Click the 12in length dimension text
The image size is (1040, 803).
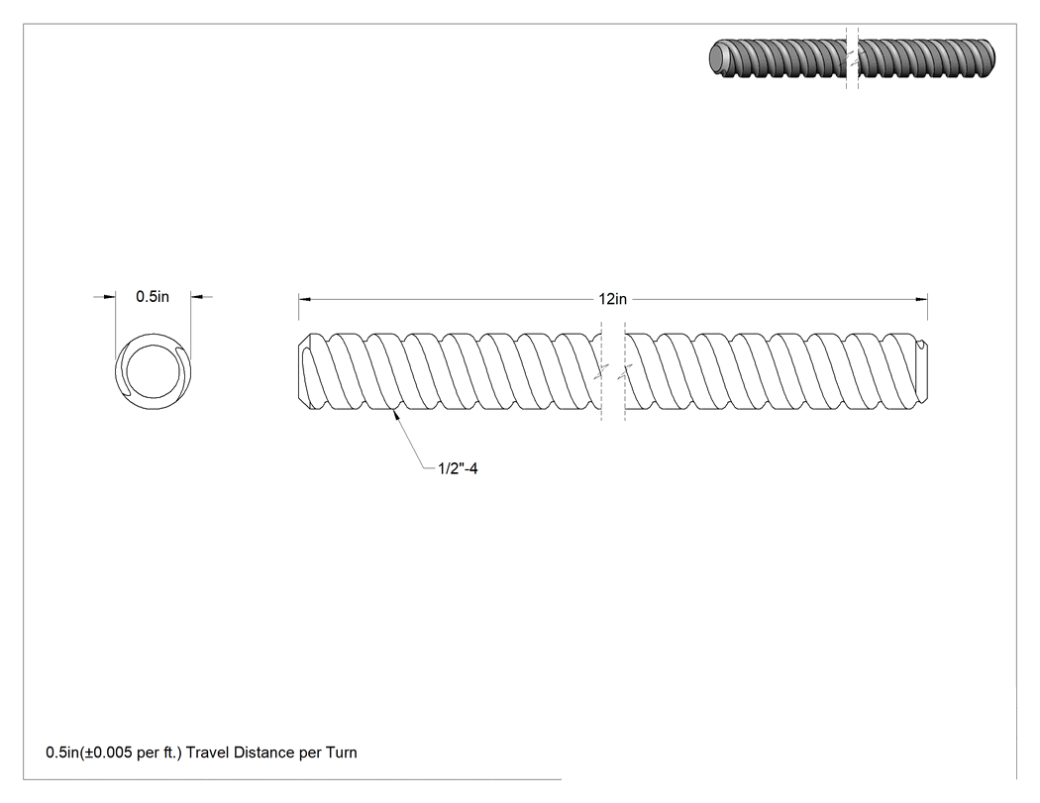click(612, 299)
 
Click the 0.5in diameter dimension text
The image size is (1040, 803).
click(153, 296)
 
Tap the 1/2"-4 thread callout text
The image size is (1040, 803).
click(458, 468)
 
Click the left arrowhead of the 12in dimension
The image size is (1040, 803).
click(304, 299)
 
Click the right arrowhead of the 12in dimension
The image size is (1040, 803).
click(921, 299)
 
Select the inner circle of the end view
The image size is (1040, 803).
click(154, 371)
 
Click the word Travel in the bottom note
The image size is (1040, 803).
click(208, 753)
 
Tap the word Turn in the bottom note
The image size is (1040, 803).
click(341, 753)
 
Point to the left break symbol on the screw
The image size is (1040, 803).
click(601, 371)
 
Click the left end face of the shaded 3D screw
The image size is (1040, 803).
click(718, 57)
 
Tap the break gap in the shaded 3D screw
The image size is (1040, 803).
click(852, 58)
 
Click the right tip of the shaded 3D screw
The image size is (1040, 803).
click(991, 57)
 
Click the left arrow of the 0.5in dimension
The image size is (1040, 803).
click(109, 296)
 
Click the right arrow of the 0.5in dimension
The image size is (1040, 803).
click(197, 296)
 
